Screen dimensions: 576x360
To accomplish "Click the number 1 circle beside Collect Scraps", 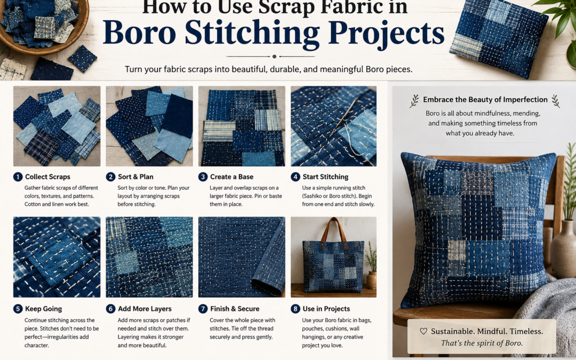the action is pyautogui.click(x=18, y=177).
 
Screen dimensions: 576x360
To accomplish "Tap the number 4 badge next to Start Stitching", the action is pyautogui.click(x=295, y=177).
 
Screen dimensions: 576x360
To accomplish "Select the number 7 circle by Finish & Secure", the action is pyautogui.click(x=203, y=309).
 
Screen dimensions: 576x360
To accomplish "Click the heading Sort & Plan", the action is pyautogui.click(x=135, y=177).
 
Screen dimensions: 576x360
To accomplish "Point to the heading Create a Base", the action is pyautogui.click(x=231, y=177).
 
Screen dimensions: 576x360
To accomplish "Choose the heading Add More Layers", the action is pyautogui.click(x=145, y=309).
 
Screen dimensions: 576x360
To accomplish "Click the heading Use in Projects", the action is pyautogui.click(x=326, y=309).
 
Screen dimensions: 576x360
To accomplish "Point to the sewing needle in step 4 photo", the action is pyautogui.click(x=343, y=117).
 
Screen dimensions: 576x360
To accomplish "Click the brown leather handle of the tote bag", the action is pyautogui.click(x=333, y=231).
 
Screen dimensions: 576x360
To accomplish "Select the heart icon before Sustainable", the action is pyautogui.click(x=423, y=331).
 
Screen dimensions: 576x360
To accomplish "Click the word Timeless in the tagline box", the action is pyautogui.click(x=525, y=331).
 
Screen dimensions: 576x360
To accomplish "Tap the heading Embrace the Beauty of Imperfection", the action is pyautogui.click(x=485, y=100).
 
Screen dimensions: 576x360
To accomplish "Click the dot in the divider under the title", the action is pyautogui.click(x=274, y=57).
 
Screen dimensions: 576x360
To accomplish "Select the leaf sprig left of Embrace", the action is pyautogui.click(x=414, y=101).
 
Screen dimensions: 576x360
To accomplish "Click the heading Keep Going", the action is pyautogui.click(x=43, y=309).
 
